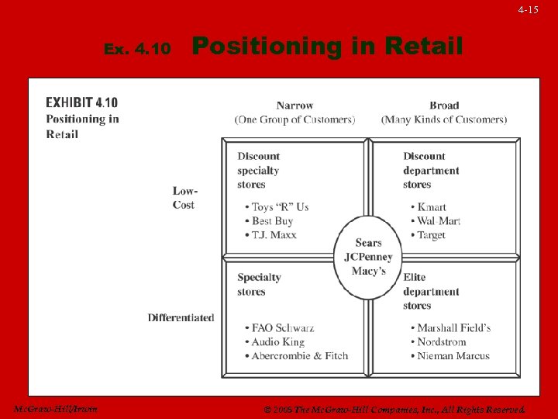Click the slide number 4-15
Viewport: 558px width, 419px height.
(x=528, y=10)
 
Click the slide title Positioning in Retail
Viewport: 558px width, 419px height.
(x=327, y=47)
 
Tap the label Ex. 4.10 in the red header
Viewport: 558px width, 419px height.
(x=137, y=49)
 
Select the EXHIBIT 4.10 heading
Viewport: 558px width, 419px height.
(x=82, y=102)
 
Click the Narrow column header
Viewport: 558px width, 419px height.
(x=294, y=106)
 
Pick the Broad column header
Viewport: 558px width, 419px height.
(x=444, y=106)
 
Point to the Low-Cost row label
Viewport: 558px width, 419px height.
(x=185, y=198)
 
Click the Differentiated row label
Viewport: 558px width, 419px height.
(x=181, y=317)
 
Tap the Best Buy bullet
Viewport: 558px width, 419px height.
(x=272, y=221)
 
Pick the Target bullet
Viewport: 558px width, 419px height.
(x=431, y=235)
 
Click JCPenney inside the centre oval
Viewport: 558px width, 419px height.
(x=368, y=257)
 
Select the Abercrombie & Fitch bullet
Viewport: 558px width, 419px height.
(x=299, y=356)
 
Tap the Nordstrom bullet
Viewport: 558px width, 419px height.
(x=442, y=342)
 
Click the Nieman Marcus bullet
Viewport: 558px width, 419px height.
(x=453, y=356)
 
